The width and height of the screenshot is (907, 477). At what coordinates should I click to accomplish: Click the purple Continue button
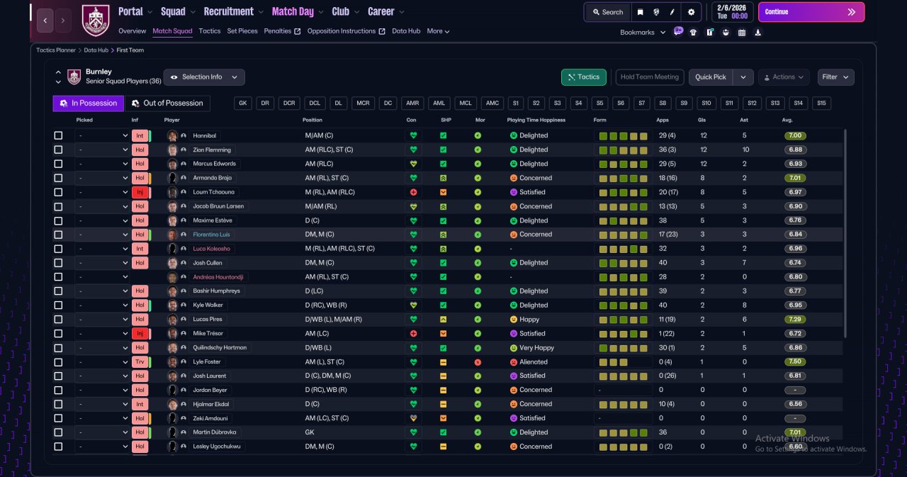pos(811,12)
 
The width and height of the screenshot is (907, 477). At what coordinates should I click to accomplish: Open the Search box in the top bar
pos(608,12)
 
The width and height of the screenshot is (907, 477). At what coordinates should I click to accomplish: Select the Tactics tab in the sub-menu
pos(209,31)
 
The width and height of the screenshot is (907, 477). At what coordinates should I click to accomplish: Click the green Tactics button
pos(583,77)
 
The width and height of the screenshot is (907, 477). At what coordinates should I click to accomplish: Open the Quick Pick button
pos(711,77)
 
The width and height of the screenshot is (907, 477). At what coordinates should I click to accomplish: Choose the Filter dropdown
pos(835,77)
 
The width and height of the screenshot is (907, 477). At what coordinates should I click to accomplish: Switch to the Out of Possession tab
pos(168,103)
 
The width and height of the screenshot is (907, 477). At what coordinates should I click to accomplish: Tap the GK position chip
pos(242,103)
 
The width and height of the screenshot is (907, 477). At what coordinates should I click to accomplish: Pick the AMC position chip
pos(492,103)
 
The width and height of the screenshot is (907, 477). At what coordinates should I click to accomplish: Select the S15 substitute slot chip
pos(821,103)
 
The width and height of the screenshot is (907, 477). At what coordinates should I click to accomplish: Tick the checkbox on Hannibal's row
pos(58,135)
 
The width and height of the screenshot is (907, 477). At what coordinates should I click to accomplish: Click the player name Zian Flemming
pos(212,150)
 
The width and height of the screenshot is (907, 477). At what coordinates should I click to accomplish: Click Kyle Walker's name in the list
pos(208,305)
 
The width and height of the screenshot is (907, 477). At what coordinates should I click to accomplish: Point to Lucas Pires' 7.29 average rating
pos(795,319)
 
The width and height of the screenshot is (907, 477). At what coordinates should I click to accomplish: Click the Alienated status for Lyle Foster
pos(534,362)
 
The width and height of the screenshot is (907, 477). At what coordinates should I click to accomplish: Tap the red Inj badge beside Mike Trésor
pos(140,334)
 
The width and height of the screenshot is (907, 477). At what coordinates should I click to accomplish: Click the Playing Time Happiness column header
pos(536,120)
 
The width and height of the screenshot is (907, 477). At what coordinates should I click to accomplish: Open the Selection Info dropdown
pos(204,77)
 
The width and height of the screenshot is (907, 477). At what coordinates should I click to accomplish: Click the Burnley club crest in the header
pos(96,20)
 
